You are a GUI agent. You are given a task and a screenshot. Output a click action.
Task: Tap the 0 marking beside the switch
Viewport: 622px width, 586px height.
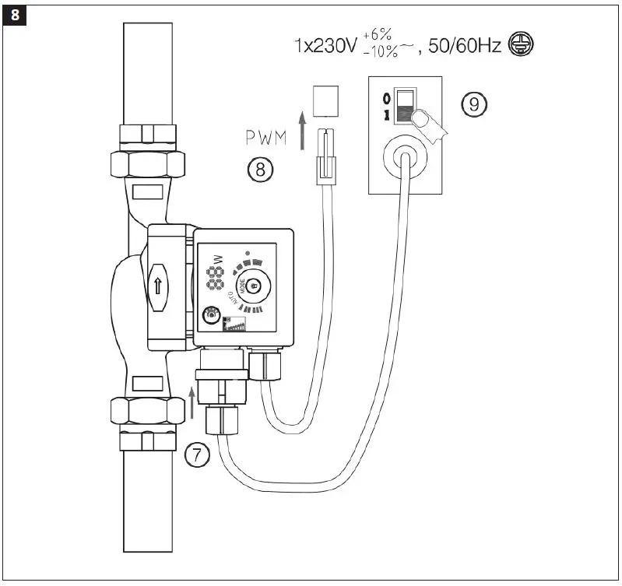coord(385,99)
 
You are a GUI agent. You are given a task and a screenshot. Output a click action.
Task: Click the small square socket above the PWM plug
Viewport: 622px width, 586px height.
coord(325,98)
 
